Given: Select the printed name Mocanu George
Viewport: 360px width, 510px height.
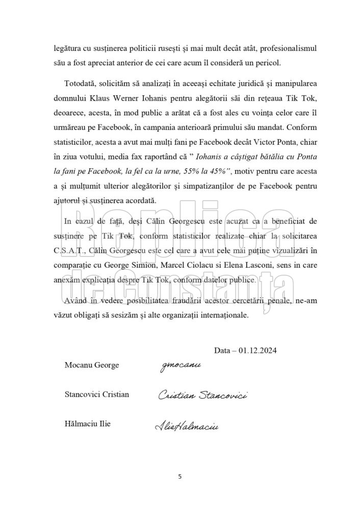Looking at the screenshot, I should click(x=92, y=365).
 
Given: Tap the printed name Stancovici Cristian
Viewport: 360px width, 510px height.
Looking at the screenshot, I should click(x=97, y=394).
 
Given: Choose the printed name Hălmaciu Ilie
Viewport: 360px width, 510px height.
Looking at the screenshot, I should click(x=88, y=423).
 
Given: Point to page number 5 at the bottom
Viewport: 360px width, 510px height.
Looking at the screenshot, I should click(x=179, y=477).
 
